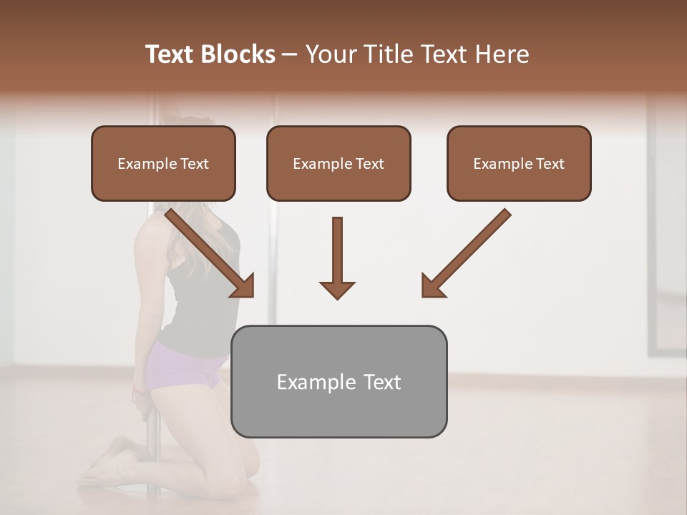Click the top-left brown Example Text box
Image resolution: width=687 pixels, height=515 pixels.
pos(163,164)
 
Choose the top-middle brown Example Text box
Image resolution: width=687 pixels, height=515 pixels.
pos(338,164)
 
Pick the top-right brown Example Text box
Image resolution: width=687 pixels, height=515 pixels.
pos(519,164)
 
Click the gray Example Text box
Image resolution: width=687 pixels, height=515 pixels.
pos(338,381)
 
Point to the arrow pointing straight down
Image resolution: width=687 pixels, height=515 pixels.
pos(337,257)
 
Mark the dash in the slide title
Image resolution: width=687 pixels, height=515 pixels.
pos(290,54)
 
